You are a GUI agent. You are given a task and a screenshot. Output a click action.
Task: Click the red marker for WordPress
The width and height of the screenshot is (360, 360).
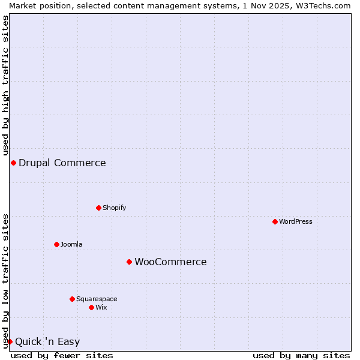(x=275, y=221)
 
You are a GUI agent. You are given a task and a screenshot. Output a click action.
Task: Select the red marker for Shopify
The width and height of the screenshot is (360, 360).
(x=98, y=208)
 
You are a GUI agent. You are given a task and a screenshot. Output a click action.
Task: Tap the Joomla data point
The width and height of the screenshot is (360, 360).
(x=56, y=244)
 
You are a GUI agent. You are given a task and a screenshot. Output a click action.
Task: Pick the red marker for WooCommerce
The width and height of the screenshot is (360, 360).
(x=129, y=262)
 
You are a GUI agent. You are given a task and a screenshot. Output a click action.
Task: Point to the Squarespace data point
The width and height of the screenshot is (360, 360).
(x=72, y=299)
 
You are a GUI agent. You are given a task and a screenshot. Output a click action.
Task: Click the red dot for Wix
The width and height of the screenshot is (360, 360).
(x=91, y=307)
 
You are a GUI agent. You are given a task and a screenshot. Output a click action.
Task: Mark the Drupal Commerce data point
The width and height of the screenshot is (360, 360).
(x=13, y=163)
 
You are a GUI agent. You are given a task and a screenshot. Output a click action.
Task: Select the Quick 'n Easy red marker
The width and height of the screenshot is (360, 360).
(x=10, y=341)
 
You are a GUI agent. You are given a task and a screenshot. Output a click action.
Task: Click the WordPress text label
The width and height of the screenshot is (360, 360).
(x=296, y=221)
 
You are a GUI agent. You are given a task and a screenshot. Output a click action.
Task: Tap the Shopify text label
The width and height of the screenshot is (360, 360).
(x=114, y=208)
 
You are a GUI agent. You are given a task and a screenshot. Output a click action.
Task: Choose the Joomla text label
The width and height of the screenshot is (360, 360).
(x=71, y=244)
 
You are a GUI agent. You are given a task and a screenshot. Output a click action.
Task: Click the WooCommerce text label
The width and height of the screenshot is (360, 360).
(x=170, y=262)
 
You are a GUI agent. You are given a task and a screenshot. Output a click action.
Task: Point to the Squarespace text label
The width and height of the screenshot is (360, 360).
(x=97, y=299)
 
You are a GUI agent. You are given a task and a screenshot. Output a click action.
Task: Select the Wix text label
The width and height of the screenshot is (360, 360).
(x=101, y=307)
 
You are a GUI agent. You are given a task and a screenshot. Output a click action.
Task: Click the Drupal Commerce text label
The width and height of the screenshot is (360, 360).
(x=62, y=163)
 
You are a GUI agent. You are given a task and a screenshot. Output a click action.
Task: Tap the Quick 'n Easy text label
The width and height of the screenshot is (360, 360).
(x=47, y=342)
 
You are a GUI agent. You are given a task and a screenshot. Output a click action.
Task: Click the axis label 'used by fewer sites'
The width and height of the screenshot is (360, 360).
(x=62, y=355)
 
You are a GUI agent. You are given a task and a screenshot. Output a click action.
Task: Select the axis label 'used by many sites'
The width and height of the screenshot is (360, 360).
(x=301, y=355)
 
